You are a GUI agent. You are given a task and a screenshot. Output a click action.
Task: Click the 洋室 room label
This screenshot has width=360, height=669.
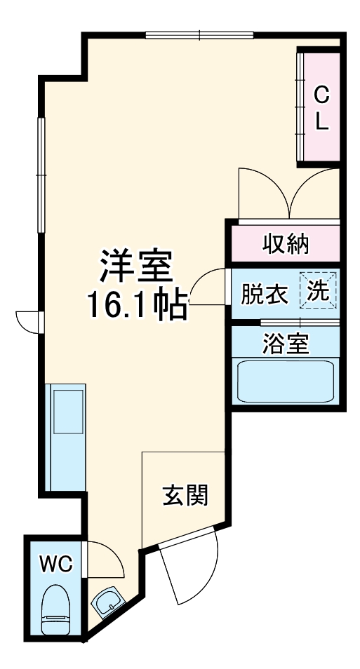coord(135,267)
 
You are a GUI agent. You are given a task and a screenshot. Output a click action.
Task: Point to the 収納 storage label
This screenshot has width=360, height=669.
coord(286,243)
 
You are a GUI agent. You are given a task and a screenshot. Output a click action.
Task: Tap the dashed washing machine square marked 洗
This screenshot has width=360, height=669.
coord(319,290)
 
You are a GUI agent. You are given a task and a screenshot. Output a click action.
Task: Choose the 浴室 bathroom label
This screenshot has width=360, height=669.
coord(286,344)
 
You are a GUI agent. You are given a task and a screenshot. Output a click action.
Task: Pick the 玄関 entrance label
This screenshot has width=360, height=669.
coord(185,496)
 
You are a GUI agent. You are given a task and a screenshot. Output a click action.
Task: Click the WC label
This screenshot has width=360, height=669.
coord(55,563)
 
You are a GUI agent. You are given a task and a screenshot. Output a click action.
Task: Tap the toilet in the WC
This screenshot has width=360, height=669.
coord(57,611)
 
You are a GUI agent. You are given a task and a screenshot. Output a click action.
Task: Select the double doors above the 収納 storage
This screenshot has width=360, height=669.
coord(288,192)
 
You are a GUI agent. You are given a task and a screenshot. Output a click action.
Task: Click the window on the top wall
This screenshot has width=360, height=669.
coord(199,34)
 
